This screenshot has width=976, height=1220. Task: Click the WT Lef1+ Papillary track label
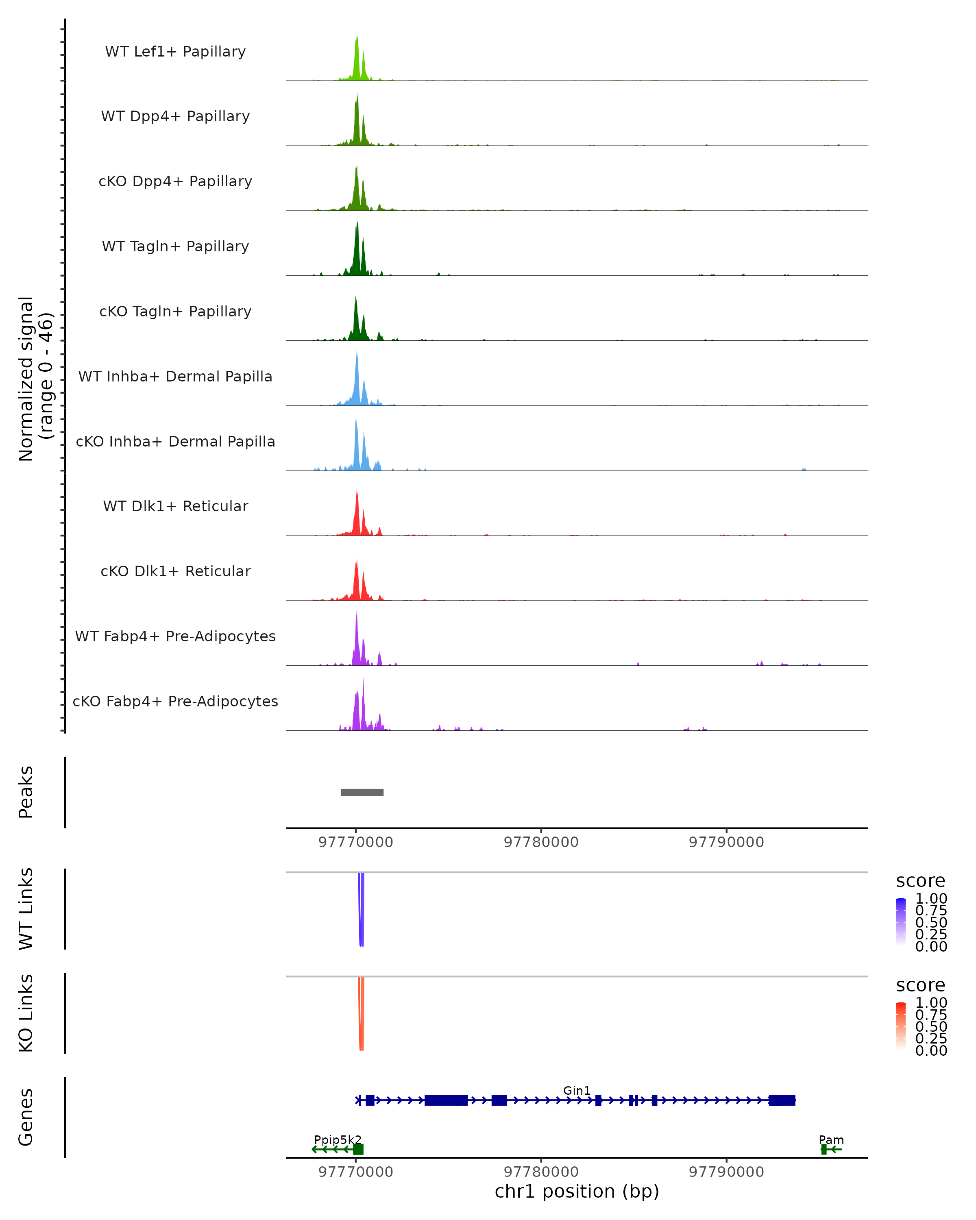click(175, 52)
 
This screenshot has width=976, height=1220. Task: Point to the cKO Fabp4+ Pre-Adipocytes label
click(175, 701)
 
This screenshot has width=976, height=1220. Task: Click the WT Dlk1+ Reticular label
click(175, 506)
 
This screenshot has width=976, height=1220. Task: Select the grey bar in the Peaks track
click(362, 792)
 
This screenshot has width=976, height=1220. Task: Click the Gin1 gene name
click(577, 1090)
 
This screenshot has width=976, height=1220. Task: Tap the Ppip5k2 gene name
click(338, 1139)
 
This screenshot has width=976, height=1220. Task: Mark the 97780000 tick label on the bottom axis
click(541, 1172)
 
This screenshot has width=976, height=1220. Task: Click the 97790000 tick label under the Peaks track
click(726, 842)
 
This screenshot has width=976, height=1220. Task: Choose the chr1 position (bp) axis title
click(577, 1191)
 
